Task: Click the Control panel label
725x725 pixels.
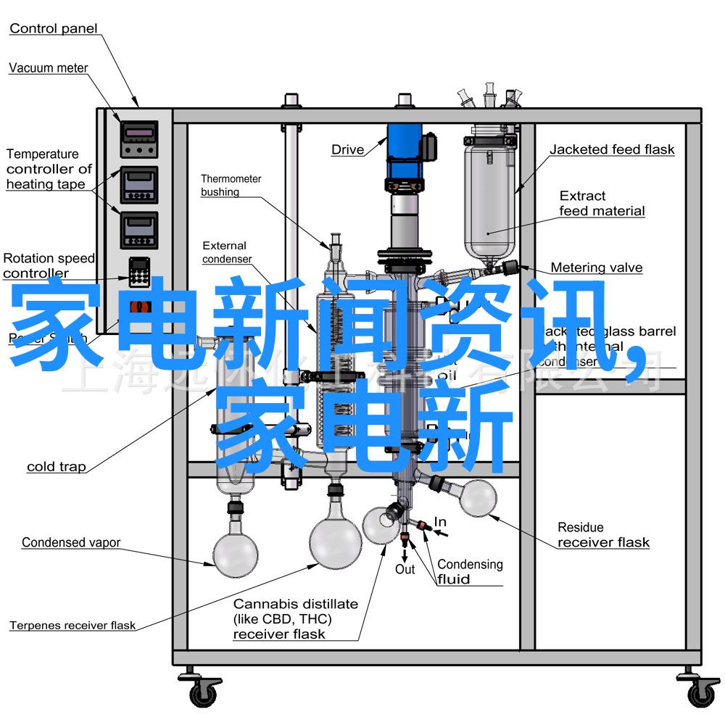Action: coord(53,29)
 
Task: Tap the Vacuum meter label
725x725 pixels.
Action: coord(48,68)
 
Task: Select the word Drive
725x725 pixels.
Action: coord(347,150)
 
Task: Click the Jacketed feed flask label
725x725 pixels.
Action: coord(611,150)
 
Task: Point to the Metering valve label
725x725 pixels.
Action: coord(596,268)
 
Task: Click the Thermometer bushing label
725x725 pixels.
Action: coord(231,186)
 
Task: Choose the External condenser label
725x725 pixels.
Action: coord(226,252)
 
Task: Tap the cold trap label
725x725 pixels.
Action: coord(56,467)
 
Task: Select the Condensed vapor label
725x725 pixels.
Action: coord(70,542)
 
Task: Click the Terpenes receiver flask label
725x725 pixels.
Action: coord(72,626)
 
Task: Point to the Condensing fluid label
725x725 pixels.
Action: coord(469,571)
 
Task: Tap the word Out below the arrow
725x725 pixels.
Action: coord(405,569)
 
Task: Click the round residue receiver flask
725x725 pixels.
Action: coord(476,498)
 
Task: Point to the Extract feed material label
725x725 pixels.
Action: coord(601,204)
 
